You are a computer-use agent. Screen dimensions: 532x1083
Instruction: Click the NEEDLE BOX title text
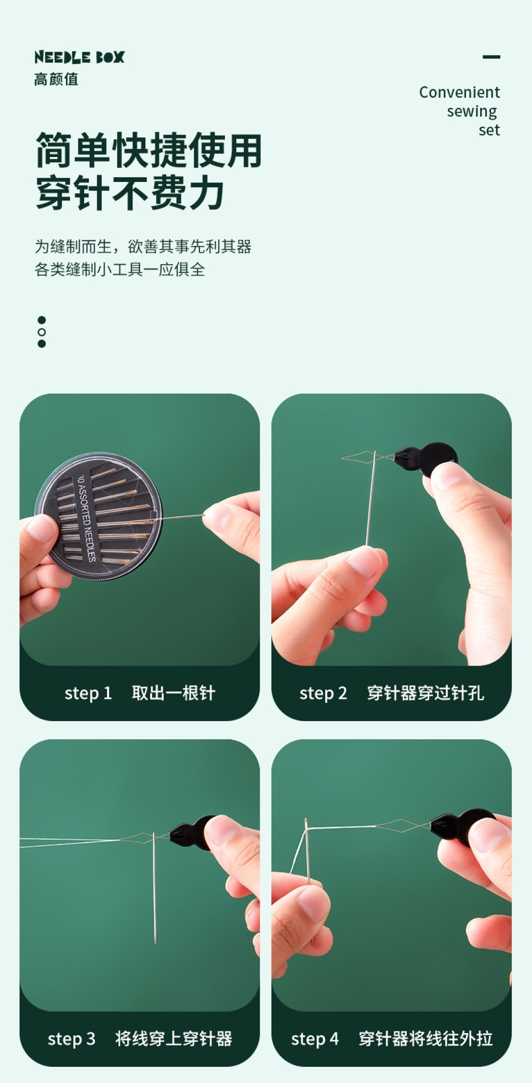pos(79,57)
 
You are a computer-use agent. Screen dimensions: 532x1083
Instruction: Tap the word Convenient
pos(459,93)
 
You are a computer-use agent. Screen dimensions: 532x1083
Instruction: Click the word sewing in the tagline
pos(472,112)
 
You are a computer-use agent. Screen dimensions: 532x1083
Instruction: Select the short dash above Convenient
pos(491,57)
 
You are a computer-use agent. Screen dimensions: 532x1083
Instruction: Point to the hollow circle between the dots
pos(42,332)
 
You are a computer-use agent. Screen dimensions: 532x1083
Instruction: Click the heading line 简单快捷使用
pos(149,150)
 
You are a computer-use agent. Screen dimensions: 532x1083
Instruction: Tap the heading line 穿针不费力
pos(130,193)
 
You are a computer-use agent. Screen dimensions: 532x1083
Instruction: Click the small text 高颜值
pos(56,80)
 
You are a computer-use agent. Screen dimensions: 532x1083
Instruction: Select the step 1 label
pos(88,693)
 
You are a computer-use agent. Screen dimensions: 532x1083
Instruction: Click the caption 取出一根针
pos(174,693)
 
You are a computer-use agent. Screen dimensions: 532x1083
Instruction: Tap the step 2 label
pos(323,693)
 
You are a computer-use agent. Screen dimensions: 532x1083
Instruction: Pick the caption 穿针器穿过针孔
pos(425,693)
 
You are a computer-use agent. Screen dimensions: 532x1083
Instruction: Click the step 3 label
pos(72,1039)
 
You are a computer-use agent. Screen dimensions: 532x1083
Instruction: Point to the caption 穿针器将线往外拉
pos(425,1039)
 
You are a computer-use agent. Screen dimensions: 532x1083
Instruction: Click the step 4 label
pos(315,1039)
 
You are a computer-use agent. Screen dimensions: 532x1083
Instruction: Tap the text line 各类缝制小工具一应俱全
pos(120,269)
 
